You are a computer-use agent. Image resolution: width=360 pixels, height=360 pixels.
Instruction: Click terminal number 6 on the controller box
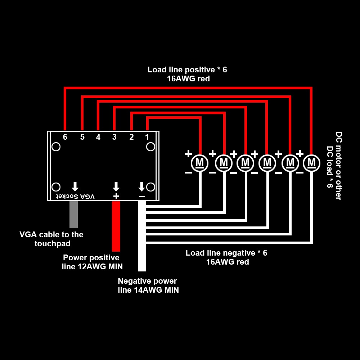tap(65, 137)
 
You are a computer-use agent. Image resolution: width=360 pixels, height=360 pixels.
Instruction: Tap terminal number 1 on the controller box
tap(147, 137)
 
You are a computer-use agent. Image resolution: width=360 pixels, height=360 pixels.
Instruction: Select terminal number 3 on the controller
tap(114, 137)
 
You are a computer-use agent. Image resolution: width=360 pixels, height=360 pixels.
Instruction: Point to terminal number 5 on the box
tap(82, 137)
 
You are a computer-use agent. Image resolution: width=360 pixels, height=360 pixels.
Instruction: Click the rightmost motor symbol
tap(311, 163)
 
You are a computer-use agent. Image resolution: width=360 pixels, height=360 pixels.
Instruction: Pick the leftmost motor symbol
tap(199, 163)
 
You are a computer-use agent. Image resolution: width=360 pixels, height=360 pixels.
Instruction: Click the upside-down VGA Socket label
tap(75, 196)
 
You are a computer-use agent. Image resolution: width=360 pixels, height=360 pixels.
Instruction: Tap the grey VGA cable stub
tap(73, 214)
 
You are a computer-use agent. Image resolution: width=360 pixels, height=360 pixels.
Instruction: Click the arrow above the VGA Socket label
tap(75, 186)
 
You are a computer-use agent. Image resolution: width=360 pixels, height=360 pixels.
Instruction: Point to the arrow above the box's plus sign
tap(116, 186)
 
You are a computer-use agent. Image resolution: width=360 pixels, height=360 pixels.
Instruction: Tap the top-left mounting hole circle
tap(56, 147)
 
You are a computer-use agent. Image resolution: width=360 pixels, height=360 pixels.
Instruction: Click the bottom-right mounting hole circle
tap(150, 187)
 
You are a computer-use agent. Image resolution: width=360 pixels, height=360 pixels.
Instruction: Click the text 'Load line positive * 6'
tap(187, 70)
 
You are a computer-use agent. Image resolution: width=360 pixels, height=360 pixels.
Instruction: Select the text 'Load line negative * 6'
tap(226, 253)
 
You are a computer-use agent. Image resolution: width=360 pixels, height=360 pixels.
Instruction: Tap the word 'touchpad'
tap(53, 244)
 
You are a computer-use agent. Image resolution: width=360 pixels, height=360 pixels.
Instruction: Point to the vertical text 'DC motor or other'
tap(338, 166)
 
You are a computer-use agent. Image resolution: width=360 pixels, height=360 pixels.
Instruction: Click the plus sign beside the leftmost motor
tap(188, 154)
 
